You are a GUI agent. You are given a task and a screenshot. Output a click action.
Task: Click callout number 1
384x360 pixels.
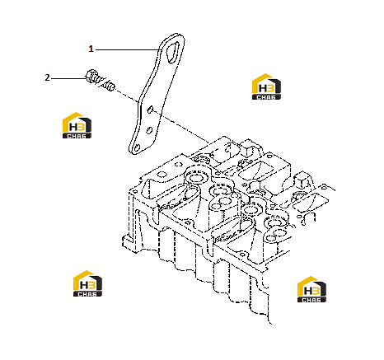[x=91, y=49]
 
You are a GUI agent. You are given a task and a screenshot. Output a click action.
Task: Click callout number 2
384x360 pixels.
[x=47, y=78]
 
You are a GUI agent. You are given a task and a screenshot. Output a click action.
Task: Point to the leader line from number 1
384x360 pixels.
[x=127, y=49]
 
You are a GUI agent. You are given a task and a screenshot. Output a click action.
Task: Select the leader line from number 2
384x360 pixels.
[x=68, y=78]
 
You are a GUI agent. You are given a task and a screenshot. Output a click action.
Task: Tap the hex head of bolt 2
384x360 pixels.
[x=91, y=75]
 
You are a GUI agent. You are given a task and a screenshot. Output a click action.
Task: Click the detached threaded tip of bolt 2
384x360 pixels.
[x=109, y=86]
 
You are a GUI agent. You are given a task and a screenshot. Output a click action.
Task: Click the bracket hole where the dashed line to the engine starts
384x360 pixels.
[x=150, y=110]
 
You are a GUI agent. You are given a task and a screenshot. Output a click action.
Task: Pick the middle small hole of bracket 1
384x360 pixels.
[x=149, y=129]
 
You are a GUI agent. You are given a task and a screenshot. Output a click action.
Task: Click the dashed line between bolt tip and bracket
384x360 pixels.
[x=126, y=96]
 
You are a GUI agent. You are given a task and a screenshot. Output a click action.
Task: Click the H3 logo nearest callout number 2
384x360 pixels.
[x=77, y=125]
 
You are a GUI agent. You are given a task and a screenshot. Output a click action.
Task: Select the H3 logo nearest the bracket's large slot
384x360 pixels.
[x=266, y=86]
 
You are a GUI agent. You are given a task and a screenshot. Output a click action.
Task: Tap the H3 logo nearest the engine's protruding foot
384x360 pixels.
[x=87, y=283]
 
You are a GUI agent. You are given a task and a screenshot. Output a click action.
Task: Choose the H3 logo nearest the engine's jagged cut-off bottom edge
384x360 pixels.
[x=311, y=289]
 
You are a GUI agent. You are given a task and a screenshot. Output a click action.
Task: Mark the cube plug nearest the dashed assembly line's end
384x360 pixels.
[x=247, y=149]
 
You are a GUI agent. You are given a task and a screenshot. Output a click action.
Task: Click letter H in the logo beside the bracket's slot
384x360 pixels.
[x=262, y=88]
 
